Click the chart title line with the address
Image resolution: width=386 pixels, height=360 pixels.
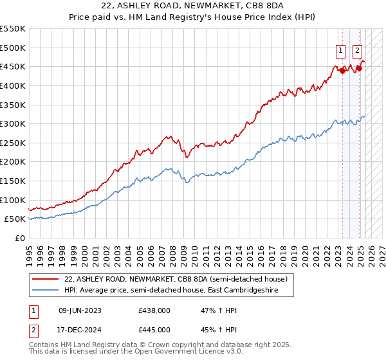192,6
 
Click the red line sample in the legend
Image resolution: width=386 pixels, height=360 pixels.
46,279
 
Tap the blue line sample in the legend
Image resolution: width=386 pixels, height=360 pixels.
46,290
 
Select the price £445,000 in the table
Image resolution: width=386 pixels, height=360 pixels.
154,329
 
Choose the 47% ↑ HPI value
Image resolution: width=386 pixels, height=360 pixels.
210,310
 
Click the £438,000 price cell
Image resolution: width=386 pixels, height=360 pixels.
154,310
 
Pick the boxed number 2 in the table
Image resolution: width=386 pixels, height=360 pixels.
33,329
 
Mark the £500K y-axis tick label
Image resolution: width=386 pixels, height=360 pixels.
12,48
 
